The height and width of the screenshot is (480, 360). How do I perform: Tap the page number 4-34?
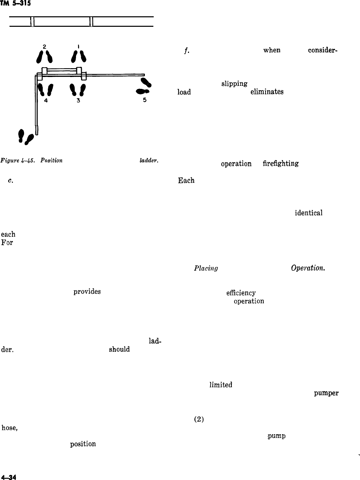point(9,476)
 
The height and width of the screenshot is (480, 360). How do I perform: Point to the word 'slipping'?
point(234,84)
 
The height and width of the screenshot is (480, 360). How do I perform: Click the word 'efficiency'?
point(241,293)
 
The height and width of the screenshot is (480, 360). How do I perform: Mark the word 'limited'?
point(221,385)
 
